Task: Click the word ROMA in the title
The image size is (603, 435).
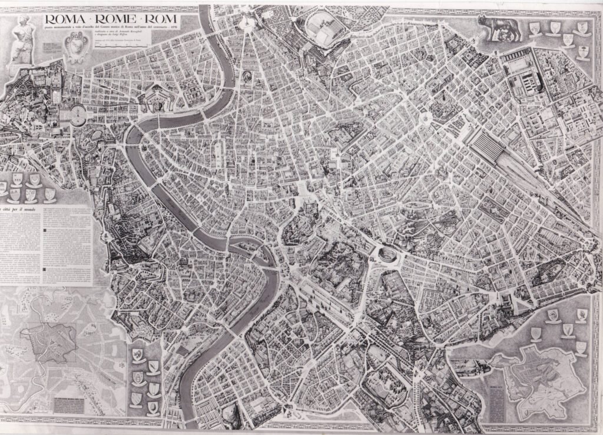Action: tap(65, 22)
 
